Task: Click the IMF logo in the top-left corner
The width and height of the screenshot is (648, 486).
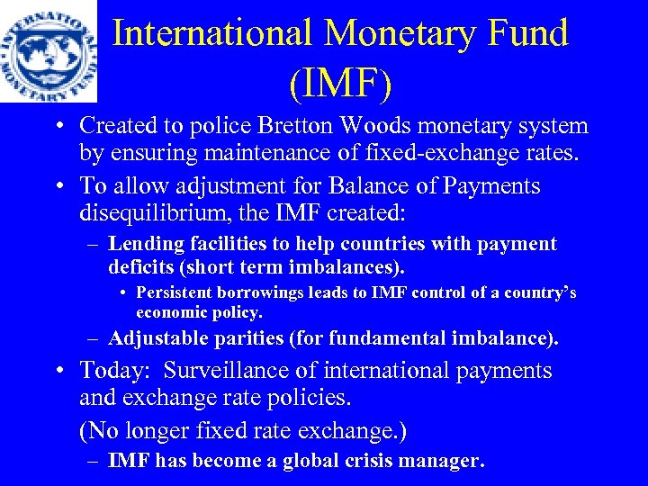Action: pos(48,50)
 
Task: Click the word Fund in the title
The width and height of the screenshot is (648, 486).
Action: pos(524,33)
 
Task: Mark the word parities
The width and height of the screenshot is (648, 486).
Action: pos(255,338)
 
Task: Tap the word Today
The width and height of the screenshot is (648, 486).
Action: pos(110,371)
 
